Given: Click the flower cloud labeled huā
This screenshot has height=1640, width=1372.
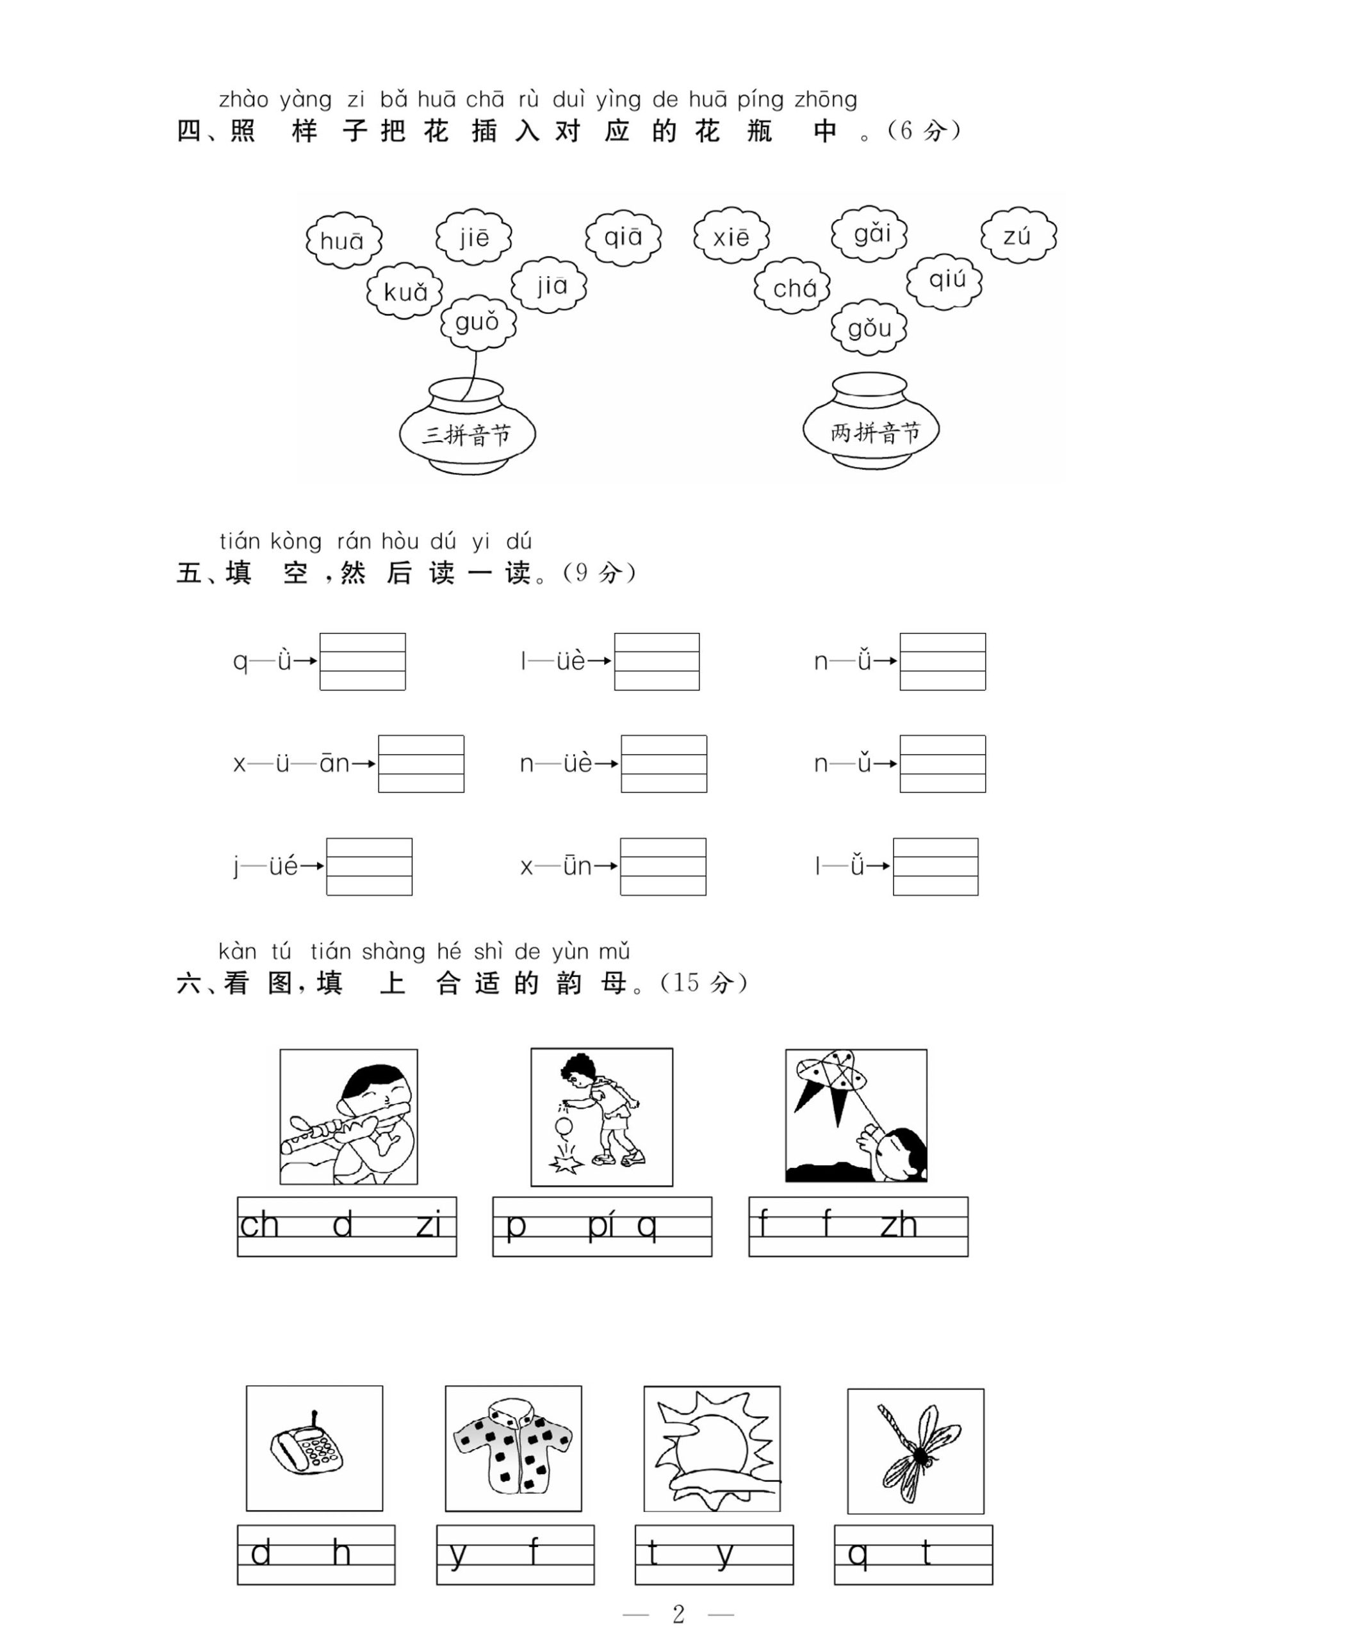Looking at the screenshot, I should pos(343,240).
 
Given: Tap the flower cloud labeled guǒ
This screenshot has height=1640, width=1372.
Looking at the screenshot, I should pos(477,322).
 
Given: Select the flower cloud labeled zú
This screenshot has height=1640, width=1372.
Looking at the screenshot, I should pos(1018,236).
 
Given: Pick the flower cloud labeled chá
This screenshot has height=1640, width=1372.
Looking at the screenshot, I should pos(792,288).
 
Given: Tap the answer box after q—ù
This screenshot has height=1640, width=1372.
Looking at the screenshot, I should pos(363,662).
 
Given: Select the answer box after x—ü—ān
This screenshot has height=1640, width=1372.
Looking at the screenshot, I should pos(421,764).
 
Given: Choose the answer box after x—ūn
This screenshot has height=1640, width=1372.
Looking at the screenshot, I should pos(663,866).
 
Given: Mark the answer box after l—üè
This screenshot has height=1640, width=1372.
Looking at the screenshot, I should pos(657,662).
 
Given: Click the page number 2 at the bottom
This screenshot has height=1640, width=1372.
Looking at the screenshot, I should pos(678,1614).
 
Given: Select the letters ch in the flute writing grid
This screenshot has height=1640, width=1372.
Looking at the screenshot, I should pos(259,1226).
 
